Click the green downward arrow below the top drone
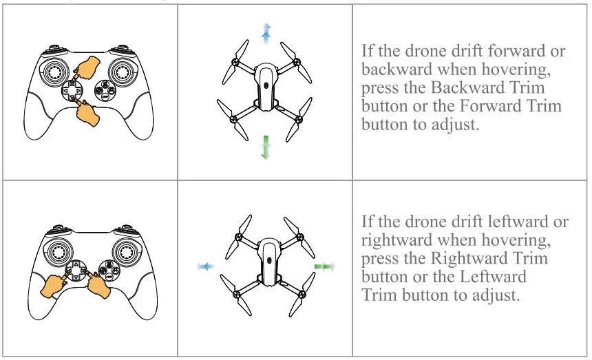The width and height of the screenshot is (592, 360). [x=265, y=147]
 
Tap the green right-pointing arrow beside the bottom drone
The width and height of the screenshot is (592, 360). [x=324, y=266]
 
